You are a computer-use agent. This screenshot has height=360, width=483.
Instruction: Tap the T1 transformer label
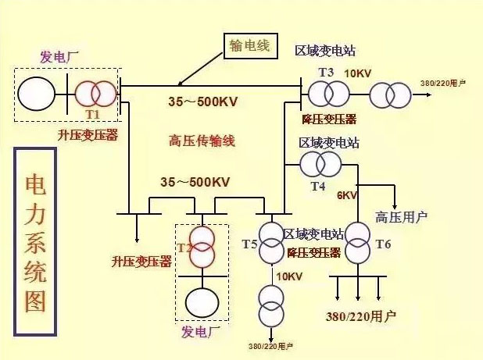[93, 114]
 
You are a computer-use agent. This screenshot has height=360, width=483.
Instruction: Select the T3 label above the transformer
[326, 73]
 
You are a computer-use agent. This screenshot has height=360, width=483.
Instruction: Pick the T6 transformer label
[383, 244]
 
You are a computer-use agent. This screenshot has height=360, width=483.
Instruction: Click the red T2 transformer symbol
[202, 247]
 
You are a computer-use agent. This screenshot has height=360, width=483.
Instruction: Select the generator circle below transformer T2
[202, 301]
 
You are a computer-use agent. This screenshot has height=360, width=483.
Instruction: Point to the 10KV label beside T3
[357, 73]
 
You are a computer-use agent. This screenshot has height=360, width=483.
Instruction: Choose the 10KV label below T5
[289, 276]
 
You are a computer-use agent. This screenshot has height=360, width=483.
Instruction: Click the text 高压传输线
[202, 141]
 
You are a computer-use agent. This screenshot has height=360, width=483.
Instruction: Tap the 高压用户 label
[402, 216]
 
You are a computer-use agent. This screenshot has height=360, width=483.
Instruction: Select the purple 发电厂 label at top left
[59, 56]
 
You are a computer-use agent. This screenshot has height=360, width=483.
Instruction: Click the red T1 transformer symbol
[94, 94]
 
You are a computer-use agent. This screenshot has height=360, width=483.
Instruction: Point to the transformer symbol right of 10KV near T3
[389, 94]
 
